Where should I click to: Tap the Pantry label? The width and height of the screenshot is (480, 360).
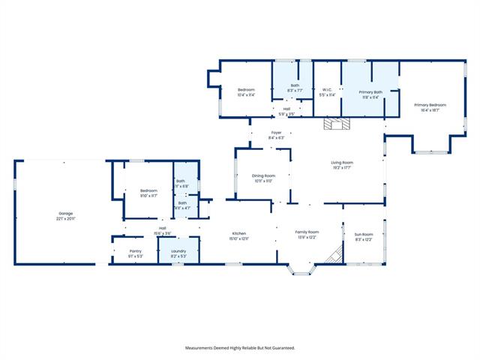click(x=135, y=251)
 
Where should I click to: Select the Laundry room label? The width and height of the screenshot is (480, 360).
click(x=178, y=251)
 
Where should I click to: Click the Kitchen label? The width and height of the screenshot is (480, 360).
click(x=239, y=233)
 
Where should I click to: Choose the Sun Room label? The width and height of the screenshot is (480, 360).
click(x=363, y=235)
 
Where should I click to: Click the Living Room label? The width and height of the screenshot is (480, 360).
click(x=342, y=163)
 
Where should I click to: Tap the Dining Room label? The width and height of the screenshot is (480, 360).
click(x=263, y=175)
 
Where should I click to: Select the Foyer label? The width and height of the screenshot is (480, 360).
click(x=276, y=133)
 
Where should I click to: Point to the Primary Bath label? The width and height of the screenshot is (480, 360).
click(x=370, y=91)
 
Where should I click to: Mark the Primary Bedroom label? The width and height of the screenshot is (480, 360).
click(x=430, y=105)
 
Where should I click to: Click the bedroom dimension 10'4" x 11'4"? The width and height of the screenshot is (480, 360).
click(x=247, y=95)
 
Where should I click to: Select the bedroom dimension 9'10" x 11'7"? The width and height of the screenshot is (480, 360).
click(x=148, y=196)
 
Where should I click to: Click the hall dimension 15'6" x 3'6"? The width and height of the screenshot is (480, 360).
click(x=162, y=233)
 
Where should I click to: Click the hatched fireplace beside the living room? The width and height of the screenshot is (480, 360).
click(x=332, y=124)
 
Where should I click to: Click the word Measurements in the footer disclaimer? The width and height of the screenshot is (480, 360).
click(x=202, y=348)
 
